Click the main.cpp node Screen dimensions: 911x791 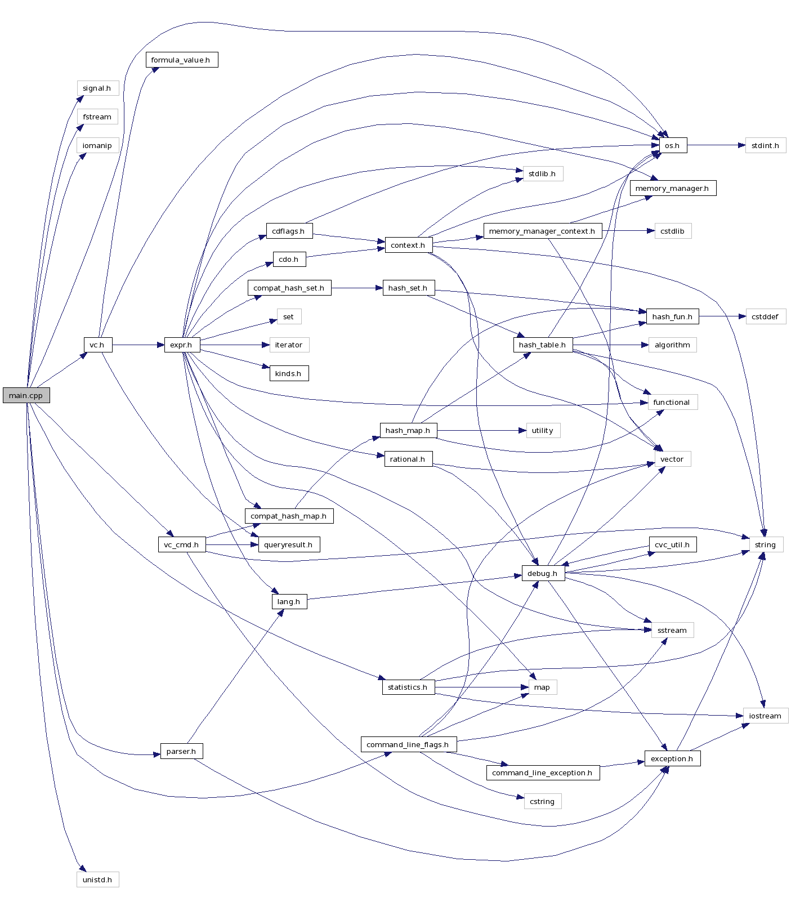[26, 395]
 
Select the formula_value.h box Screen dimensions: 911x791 [181, 60]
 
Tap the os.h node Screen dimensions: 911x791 [672, 145]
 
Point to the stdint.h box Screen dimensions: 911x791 [765, 145]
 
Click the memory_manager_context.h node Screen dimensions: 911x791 [542, 231]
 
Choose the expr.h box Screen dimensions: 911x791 [181, 345]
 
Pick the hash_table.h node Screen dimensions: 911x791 [543, 345]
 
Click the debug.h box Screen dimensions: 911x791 [543, 573]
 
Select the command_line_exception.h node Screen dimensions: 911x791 [543, 772]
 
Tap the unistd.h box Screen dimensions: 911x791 [97, 879]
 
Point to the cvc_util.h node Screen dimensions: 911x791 [672, 544]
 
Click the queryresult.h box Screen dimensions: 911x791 [289, 544]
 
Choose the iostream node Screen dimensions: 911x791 [765, 716]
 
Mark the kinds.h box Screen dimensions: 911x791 [289, 373]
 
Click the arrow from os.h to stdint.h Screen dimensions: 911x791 [716, 145]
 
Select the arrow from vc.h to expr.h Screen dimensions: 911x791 [138, 345]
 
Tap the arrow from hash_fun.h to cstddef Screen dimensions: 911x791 [722, 316]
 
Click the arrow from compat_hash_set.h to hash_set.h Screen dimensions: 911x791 [356, 288]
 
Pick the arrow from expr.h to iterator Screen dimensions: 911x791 [234, 345]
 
